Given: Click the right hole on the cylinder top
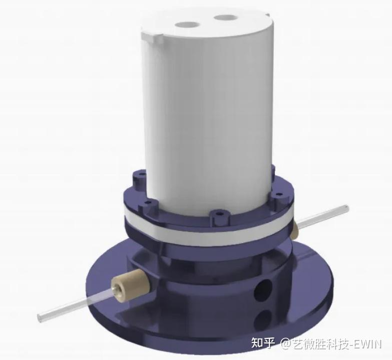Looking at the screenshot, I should point(223,18).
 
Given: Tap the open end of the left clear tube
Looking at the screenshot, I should point(41,316).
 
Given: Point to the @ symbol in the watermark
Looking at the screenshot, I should point(285,344).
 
